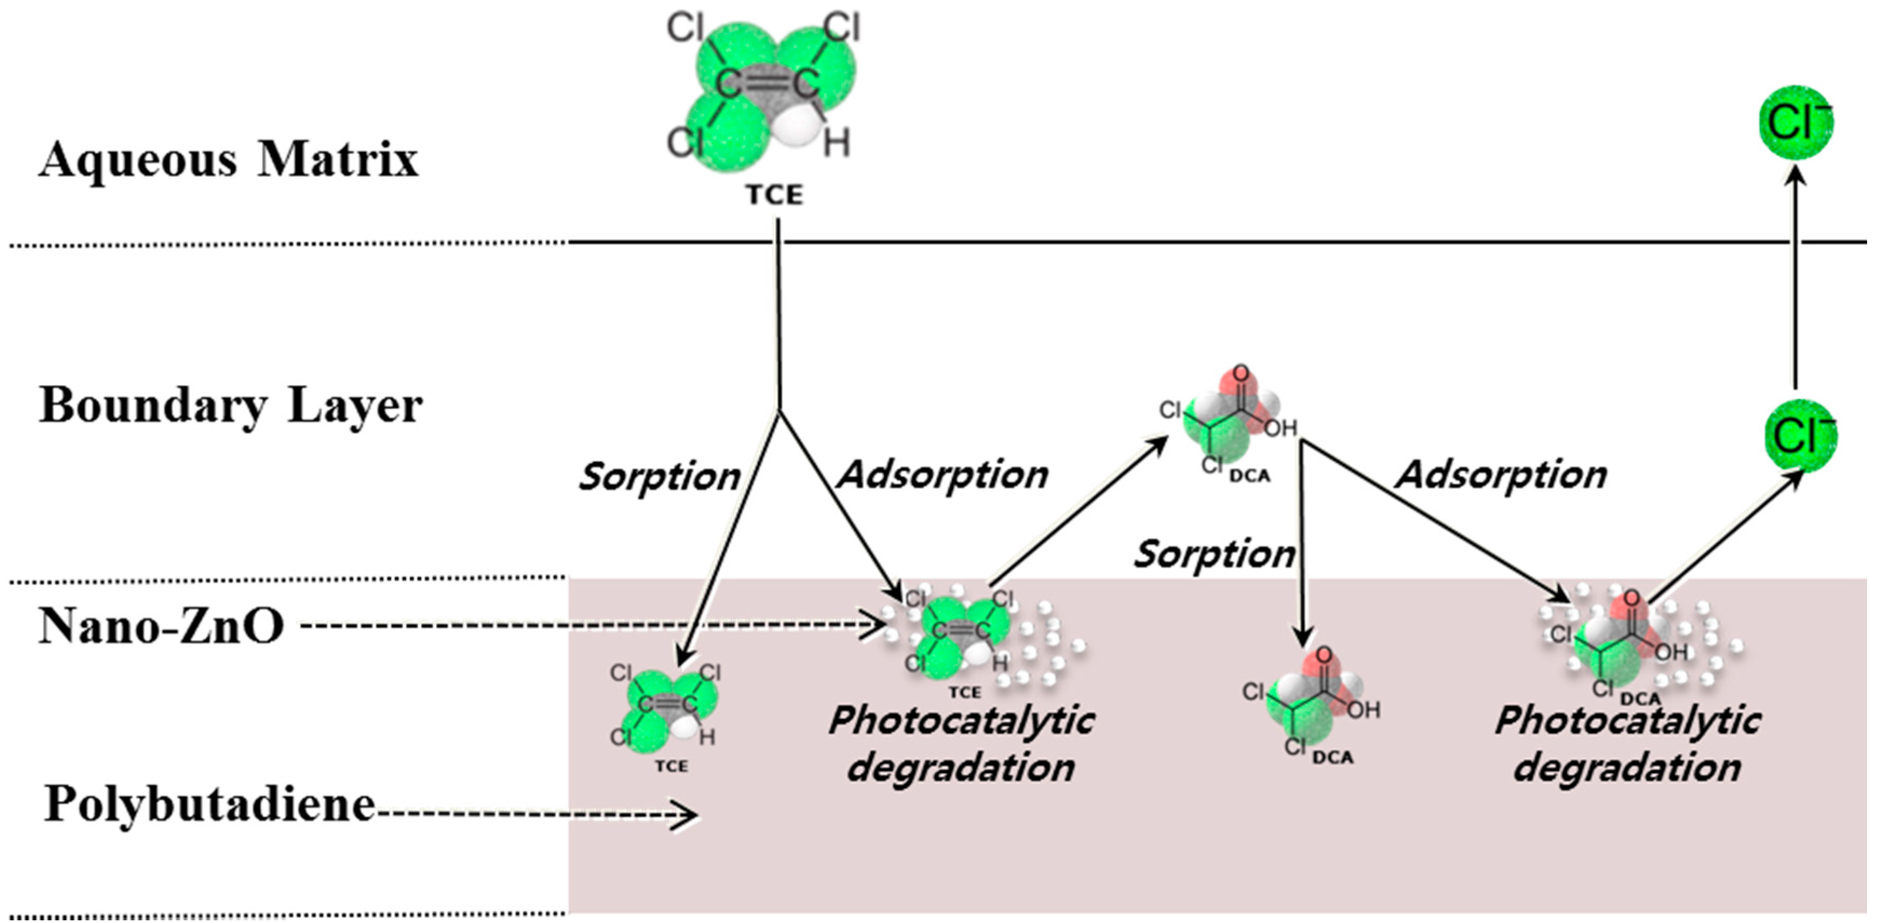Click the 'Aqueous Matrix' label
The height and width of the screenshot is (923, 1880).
coord(228,159)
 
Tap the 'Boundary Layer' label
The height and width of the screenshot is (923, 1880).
coord(230,405)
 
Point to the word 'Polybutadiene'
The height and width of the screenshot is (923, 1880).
coord(210,804)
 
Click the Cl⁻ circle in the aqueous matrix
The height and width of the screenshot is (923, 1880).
coord(1795,122)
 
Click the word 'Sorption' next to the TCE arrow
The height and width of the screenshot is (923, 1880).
coord(659,476)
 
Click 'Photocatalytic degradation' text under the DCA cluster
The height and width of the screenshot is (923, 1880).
coord(1627,744)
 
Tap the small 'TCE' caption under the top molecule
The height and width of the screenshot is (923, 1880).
coord(773,195)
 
